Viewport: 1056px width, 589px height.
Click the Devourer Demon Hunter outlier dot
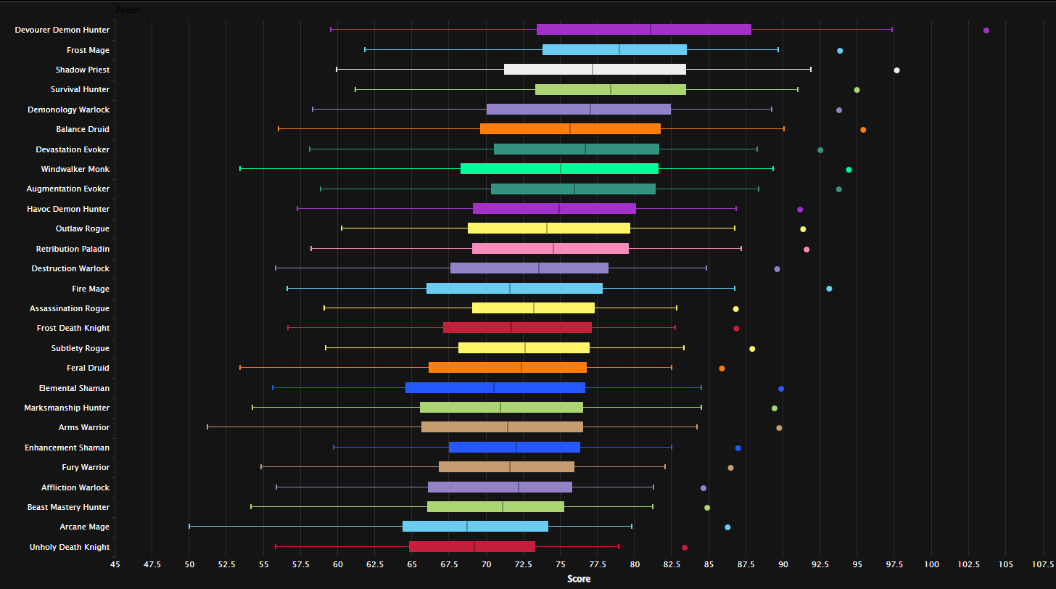coord(986,30)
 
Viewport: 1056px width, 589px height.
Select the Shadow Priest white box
coord(595,70)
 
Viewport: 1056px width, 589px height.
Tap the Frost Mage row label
coord(88,50)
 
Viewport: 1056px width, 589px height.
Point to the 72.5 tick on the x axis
coord(523,564)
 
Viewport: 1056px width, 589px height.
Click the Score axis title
coord(579,579)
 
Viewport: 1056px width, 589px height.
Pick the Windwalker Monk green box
coord(559,169)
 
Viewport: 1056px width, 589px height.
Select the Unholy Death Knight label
coord(70,547)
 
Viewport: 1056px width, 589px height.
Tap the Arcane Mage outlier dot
coord(727,527)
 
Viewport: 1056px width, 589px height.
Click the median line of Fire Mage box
coord(510,289)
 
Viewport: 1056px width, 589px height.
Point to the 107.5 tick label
coord(1043,564)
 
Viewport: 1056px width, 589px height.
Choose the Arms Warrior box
coord(502,427)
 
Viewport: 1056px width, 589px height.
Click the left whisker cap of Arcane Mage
coord(189,527)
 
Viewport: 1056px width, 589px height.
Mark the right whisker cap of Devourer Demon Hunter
coord(892,30)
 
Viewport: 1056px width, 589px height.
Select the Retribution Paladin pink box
coord(550,249)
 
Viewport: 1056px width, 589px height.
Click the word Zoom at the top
coord(127,10)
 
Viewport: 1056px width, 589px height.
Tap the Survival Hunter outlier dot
coord(857,90)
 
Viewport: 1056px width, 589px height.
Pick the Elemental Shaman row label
coord(74,388)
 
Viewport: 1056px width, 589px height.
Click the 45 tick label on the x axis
coord(115,564)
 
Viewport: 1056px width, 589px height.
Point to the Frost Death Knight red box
coord(517,328)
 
